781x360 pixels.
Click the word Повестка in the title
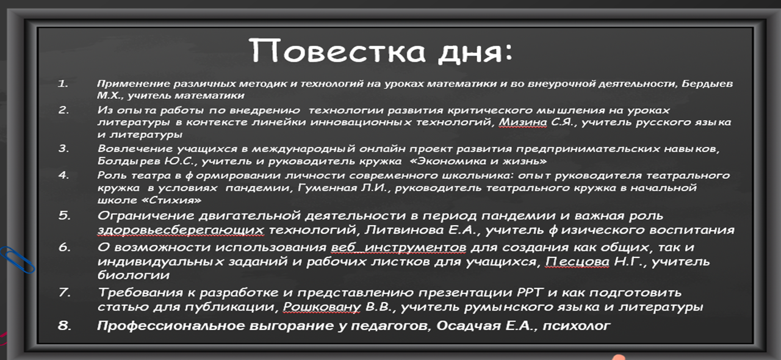(337, 51)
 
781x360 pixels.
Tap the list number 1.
(63, 84)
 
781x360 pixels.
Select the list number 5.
(65, 215)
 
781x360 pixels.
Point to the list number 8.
(65, 325)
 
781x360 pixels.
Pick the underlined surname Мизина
(523, 123)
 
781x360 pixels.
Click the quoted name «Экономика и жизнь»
(482, 161)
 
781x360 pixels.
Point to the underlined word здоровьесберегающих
(181, 230)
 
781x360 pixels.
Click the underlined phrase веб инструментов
(398, 247)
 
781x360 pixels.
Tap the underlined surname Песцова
(577, 261)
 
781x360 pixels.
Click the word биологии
(134, 275)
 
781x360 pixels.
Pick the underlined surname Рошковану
(322, 307)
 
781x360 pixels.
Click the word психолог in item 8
(577, 326)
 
